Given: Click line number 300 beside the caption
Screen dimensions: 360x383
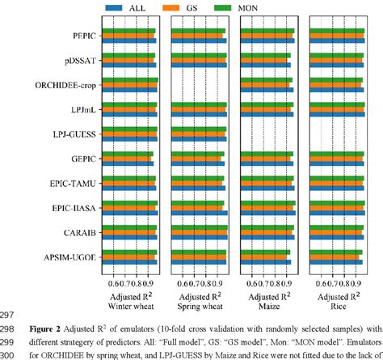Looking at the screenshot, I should (x=10, y=354).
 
